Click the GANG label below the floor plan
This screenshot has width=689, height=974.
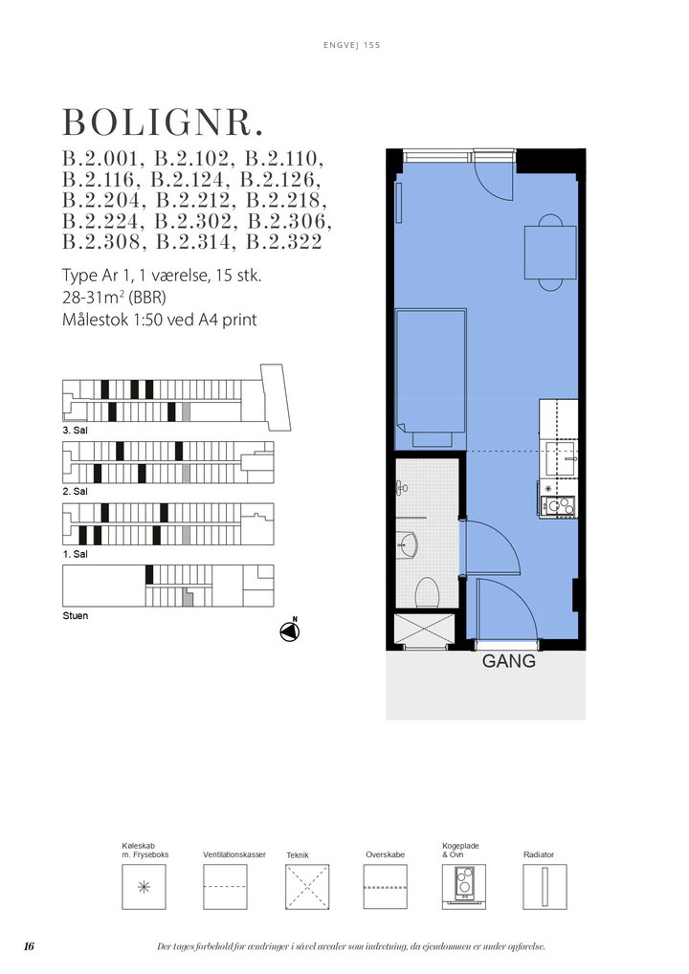click(x=508, y=661)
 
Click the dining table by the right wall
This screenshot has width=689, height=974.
click(x=550, y=253)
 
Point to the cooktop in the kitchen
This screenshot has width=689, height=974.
click(x=557, y=505)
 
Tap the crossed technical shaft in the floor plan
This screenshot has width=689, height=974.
click(x=425, y=630)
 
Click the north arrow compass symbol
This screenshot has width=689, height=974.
click(x=290, y=631)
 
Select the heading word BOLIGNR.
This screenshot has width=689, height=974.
click(x=164, y=122)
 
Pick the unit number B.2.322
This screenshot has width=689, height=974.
click(x=284, y=242)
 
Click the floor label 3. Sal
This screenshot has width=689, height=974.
click(x=76, y=430)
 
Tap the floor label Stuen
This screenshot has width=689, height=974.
click(x=76, y=615)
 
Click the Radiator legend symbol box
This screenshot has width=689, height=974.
click(x=545, y=887)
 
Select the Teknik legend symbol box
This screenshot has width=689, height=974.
click(x=307, y=887)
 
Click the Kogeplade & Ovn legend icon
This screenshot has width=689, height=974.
click(x=464, y=886)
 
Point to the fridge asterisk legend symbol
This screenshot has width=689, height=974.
click(x=144, y=887)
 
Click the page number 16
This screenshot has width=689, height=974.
click(x=30, y=946)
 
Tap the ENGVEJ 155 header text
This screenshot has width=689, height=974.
click(x=351, y=45)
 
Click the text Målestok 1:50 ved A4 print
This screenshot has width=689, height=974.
click(x=160, y=320)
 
